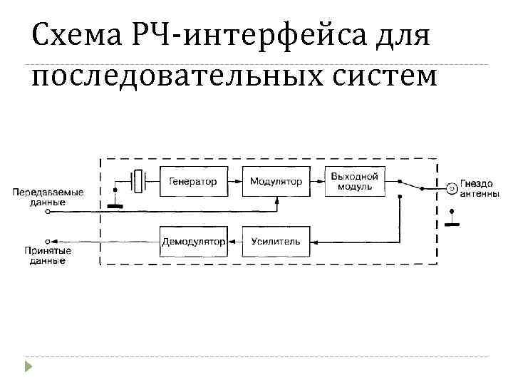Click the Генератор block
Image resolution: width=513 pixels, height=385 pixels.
(x=193, y=182)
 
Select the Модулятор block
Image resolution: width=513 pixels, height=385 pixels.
(x=276, y=182)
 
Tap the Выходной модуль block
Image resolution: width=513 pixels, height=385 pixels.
(x=355, y=182)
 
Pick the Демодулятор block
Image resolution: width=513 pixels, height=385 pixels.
(x=194, y=242)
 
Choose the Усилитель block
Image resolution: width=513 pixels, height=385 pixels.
(x=276, y=242)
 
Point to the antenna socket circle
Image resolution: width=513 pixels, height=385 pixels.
(x=451, y=188)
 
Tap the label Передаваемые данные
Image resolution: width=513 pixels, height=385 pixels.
(x=48, y=197)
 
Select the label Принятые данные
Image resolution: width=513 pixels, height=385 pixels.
(x=47, y=256)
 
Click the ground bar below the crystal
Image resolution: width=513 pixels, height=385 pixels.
(x=114, y=207)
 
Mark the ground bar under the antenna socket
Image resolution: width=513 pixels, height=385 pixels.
(x=451, y=223)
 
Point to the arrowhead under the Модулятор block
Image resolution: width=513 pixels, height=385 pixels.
(x=276, y=202)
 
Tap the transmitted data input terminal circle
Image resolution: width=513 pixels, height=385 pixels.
(x=47, y=212)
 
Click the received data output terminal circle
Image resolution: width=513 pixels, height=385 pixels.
(x=47, y=242)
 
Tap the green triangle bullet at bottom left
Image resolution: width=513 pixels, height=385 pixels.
(x=28, y=368)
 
